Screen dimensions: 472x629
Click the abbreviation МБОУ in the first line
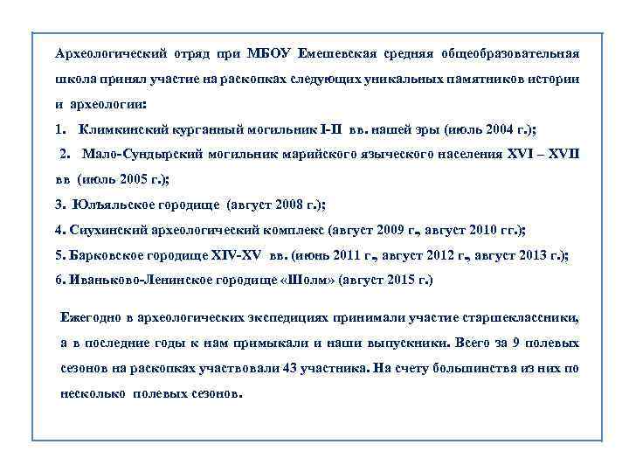point(273,52)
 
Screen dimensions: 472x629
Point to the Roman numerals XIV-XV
point(236,256)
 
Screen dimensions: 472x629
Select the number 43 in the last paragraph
point(292,368)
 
